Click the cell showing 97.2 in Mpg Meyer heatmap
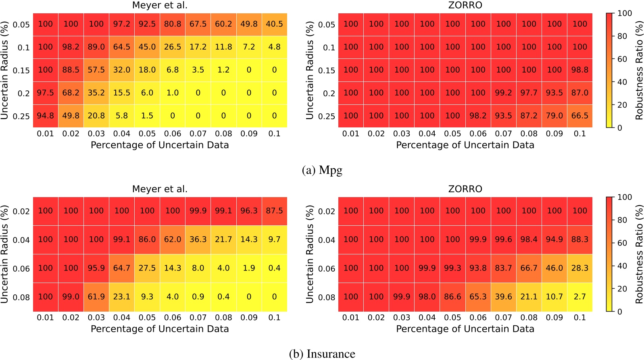click(121, 24)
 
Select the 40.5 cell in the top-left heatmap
click(274, 24)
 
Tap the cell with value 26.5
click(172, 47)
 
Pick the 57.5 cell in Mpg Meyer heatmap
click(96, 70)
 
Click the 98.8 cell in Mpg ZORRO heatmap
click(579, 70)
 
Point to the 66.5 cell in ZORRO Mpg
click(579, 116)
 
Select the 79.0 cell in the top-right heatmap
click(554, 116)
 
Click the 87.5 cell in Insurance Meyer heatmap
click(274, 211)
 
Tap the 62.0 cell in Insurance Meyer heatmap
click(172, 239)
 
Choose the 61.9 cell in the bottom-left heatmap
click(96, 297)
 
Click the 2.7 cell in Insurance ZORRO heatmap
click(579, 297)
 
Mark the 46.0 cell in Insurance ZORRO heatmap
click(554, 268)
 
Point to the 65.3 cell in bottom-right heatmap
click(478, 297)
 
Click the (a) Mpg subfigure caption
click(322, 170)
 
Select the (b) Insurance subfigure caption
click(322, 354)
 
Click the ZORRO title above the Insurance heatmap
click(465, 189)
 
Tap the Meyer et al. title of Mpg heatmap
click(160, 5)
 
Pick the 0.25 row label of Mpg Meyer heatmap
click(21, 117)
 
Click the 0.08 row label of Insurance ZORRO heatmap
click(326, 298)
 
